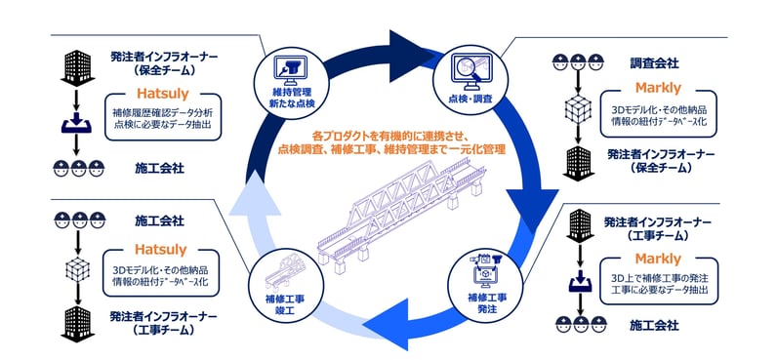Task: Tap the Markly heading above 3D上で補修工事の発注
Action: (x=657, y=259)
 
